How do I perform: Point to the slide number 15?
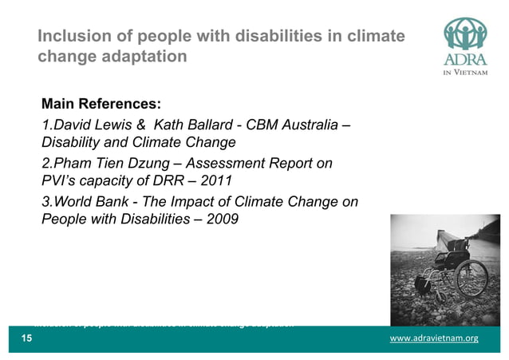pyautogui.click(x=26, y=339)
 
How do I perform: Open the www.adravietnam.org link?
pyautogui.click(x=433, y=339)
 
